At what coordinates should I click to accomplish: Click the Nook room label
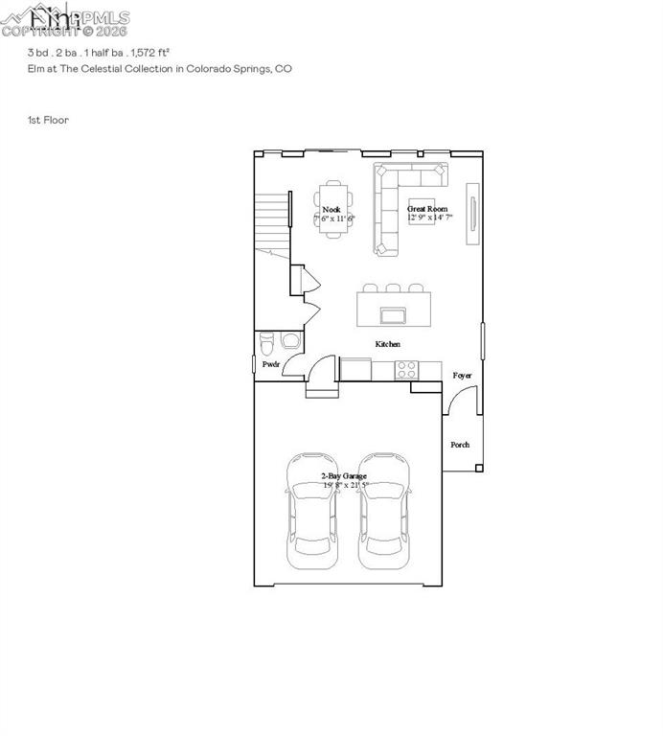coord(331,209)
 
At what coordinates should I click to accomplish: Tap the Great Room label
coord(427,208)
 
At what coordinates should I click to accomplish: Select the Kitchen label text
coord(388,344)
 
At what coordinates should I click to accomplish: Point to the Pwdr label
coord(271,365)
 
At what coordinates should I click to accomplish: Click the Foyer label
coord(462,376)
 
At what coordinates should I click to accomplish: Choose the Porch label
coord(461,445)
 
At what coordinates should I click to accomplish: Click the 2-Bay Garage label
coord(344,475)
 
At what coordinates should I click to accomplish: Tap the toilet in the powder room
coord(267,340)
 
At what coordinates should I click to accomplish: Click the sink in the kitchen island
coord(391,314)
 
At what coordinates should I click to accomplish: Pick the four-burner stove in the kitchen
coord(406,368)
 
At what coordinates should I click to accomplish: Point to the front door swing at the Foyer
coord(455,402)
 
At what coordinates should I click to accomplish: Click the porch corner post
coord(478,468)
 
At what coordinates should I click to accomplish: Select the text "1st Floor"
coord(47,120)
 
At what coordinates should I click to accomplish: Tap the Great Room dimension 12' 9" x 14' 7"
coord(429,218)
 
